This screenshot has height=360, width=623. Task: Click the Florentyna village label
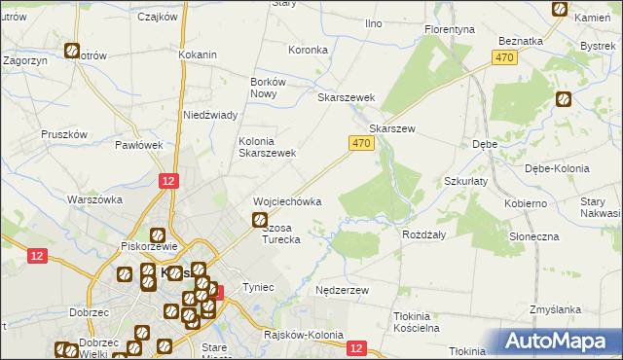pos(450,30)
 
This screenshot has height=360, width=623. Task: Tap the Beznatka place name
pos(519,41)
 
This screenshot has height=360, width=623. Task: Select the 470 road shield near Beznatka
pos(503,59)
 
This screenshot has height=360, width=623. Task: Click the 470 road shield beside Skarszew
pos(360,143)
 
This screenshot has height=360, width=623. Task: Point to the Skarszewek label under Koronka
pos(347,98)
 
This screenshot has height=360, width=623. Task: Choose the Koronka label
pos(307,50)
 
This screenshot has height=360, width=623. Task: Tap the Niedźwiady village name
pos(211,115)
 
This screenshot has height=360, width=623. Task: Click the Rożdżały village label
pos(423,234)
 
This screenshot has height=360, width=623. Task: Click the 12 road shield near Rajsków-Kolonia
pos(356,347)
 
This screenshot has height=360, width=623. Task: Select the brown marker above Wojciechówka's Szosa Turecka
pos(260,221)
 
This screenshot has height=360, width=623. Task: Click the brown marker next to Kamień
pos(561,9)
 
